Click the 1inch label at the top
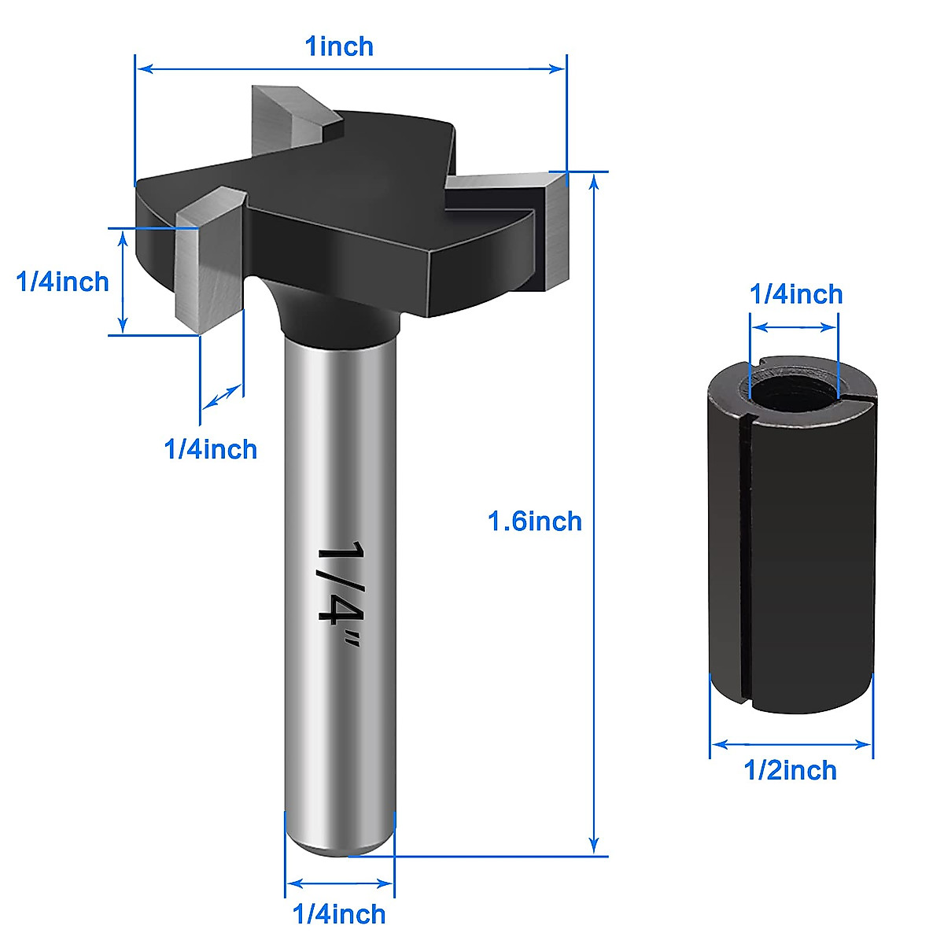tap(339, 46)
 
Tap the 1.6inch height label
tap(534, 521)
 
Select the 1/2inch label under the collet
tap(791, 770)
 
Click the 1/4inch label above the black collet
tap(796, 294)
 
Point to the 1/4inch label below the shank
tap(339, 914)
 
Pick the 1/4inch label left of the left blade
tap(63, 282)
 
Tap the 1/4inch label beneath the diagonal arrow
tap(210, 449)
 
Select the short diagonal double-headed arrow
tap(222, 397)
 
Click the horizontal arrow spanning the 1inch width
tap(351, 68)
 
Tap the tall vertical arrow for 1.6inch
tap(595, 511)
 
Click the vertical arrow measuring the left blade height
tap(122, 282)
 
